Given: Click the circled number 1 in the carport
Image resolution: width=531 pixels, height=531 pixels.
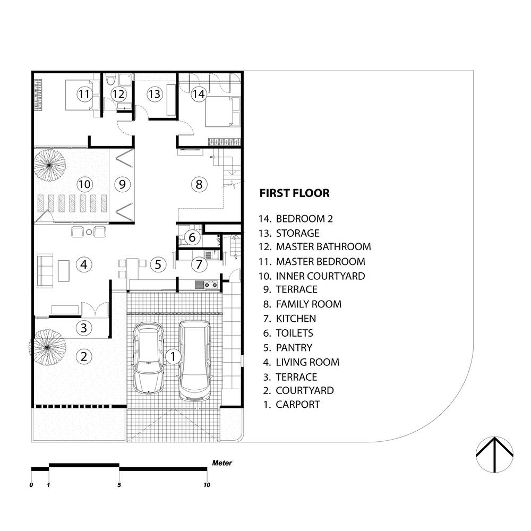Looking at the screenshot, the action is click(173, 357).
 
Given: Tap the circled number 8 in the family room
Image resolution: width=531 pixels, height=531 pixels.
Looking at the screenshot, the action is click(199, 185).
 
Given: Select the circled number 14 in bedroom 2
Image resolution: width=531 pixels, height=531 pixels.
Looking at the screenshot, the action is click(199, 94).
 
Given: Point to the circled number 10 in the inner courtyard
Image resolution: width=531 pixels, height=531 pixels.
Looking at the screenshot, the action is click(84, 185).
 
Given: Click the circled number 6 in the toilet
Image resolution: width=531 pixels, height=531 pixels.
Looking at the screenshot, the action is click(192, 237).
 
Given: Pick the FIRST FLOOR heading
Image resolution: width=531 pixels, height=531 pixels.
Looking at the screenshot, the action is click(294, 193).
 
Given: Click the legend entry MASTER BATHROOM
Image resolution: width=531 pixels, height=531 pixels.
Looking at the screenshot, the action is click(323, 246).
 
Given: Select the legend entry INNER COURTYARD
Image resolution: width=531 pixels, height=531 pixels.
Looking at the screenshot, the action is click(320, 276).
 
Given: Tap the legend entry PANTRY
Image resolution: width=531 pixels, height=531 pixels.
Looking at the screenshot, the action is click(294, 348).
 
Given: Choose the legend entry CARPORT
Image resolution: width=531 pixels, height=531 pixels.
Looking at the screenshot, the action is click(298, 404).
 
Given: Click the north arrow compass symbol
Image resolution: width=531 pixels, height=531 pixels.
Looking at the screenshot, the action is click(494, 455).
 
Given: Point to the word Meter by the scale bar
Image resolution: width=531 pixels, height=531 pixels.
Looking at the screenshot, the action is click(222, 463).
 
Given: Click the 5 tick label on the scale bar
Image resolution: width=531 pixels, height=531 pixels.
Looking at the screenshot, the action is click(119, 485).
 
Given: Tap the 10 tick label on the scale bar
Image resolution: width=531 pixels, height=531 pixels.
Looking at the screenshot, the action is click(207, 485).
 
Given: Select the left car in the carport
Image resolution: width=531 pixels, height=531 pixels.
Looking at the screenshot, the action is click(148, 357).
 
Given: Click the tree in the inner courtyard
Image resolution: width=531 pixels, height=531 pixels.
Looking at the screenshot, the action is click(49, 165).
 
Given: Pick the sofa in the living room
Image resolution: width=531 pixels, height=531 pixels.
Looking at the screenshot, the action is click(45, 271).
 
